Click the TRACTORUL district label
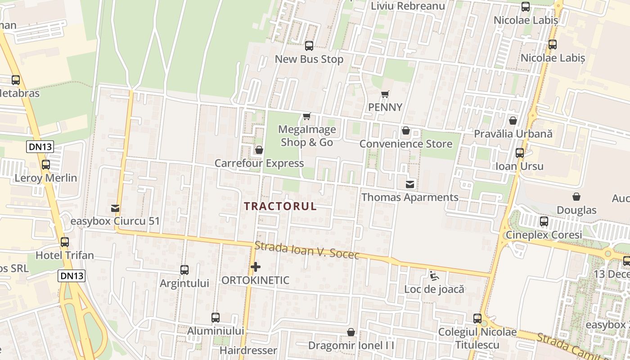coord(280,206)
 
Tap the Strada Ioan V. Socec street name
coord(307,251)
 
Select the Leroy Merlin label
coord(46,178)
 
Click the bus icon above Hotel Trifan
coord(65,242)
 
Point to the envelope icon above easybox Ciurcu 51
coord(115,208)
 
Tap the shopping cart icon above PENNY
coord(385,94)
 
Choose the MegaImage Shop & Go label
coord(307,136)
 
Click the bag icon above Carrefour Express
coord(259,150)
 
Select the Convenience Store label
coord(405,144)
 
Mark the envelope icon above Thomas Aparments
coord(410,184)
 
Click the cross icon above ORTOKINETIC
coord(256,267)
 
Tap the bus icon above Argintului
coord(184,270)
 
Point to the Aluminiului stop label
coord(216,331)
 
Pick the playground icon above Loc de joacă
coord(434,276)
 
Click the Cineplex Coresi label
coord(544,235)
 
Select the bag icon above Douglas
coord(576,197)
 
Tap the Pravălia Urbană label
coord(513,134)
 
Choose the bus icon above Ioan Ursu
coord(520,153)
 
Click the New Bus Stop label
coord(309,59)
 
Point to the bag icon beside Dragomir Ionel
coord(351,332)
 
